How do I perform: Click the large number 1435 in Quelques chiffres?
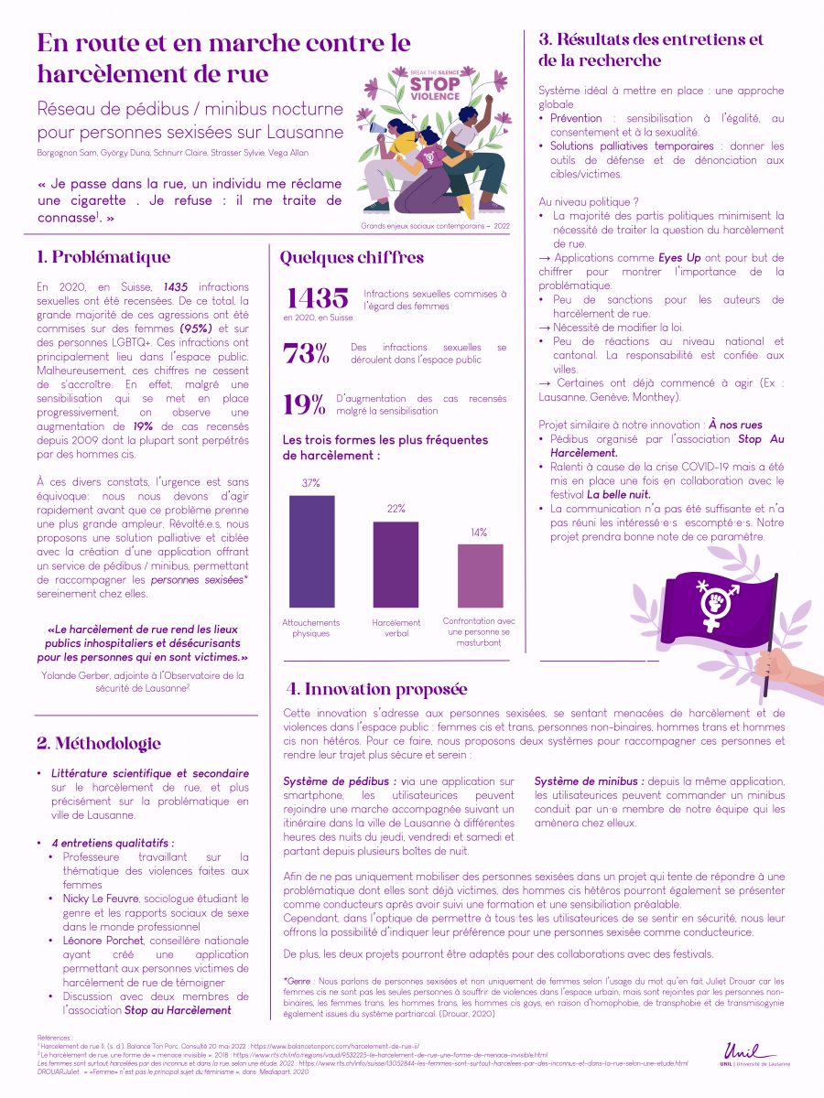(x=318, y=297)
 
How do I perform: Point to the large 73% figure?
(x=306, y=354)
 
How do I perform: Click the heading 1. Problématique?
(x=103, y=257)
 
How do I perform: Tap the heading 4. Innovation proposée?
(x=375, y=689)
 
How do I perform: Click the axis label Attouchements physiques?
(x=310, y=628)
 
